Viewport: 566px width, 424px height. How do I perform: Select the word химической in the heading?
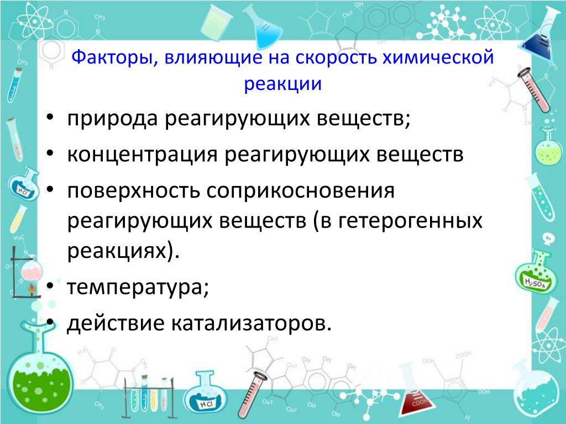tap(438, 57)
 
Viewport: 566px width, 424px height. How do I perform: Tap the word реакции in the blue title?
tap(282, 84)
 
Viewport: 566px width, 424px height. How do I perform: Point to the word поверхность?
tap(134, 190)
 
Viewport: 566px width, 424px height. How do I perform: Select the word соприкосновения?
tap(300, 190)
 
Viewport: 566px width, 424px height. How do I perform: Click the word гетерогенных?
tap(411, 220)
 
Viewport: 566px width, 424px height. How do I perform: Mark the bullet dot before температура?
tap(50, 286)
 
